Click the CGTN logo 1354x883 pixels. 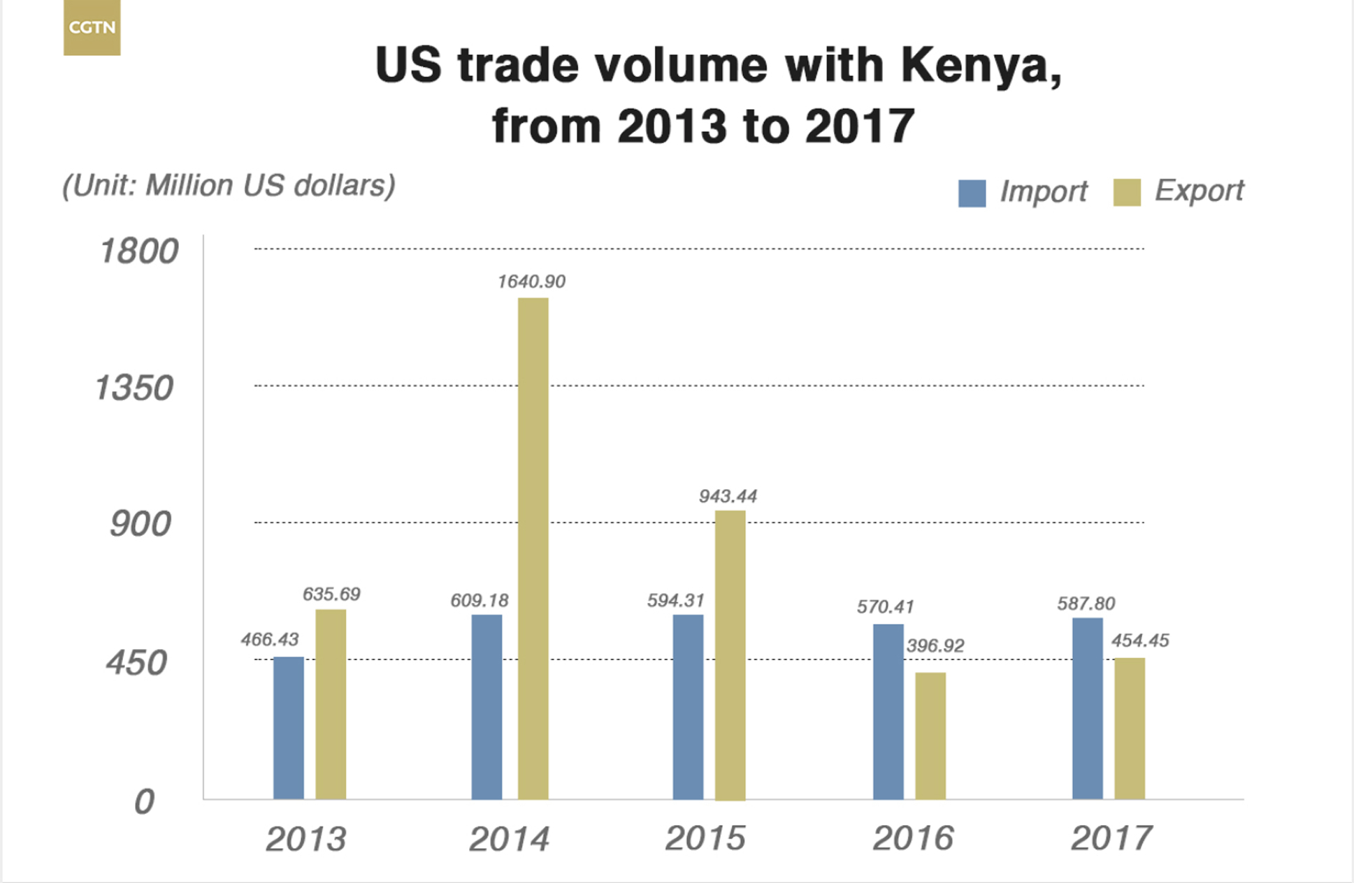(x=92, y=28)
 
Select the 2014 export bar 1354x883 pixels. (x=533, y=548)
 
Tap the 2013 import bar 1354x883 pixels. (x=288, y=727)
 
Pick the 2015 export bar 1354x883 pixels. (x=730, y=655)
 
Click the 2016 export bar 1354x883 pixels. (x=930, y=736)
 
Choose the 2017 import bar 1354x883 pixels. (x=1087, y=708)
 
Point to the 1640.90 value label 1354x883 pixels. (x=531, y=282)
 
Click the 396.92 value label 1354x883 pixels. (x=935, y=645)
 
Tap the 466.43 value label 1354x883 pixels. (x=269, y=639)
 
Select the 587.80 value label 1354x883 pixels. (x=1086, y=604)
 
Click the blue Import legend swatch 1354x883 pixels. (x=972, y=193)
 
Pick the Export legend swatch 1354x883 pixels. (x=1126, y=192)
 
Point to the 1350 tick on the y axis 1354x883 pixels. (x=134, y=388)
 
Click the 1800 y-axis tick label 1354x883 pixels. (x=138, y=251)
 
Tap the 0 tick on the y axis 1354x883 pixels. (x=144, y=801)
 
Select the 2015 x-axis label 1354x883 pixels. (x=705, y=838)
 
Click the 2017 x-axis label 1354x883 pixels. (x=1111, y=838)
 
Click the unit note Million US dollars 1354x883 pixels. (x=229, y=186)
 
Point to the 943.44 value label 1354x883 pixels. (x=728, y=497)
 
